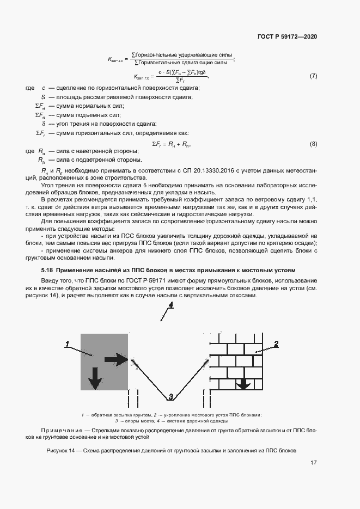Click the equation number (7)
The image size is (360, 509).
pyautogui.click(x=313, y=76)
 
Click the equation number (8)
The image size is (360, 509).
pyautogui.click(x=313, y=144)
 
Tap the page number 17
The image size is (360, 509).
pyautogui.click(x=313, y=463)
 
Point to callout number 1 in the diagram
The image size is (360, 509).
pyautogui.click(x=67, y=344)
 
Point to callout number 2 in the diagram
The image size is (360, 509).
pyautogui.click(x=276, y=344)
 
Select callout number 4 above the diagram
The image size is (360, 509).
pyautogui.click(x=170, y=305)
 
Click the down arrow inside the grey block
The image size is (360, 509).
pyautogui.click(x=95, y=378)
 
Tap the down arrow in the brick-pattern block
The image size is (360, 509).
pyautogui.click(x=243, y=383)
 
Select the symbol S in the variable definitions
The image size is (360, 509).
pyautogui.click(x=35, y=97)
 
